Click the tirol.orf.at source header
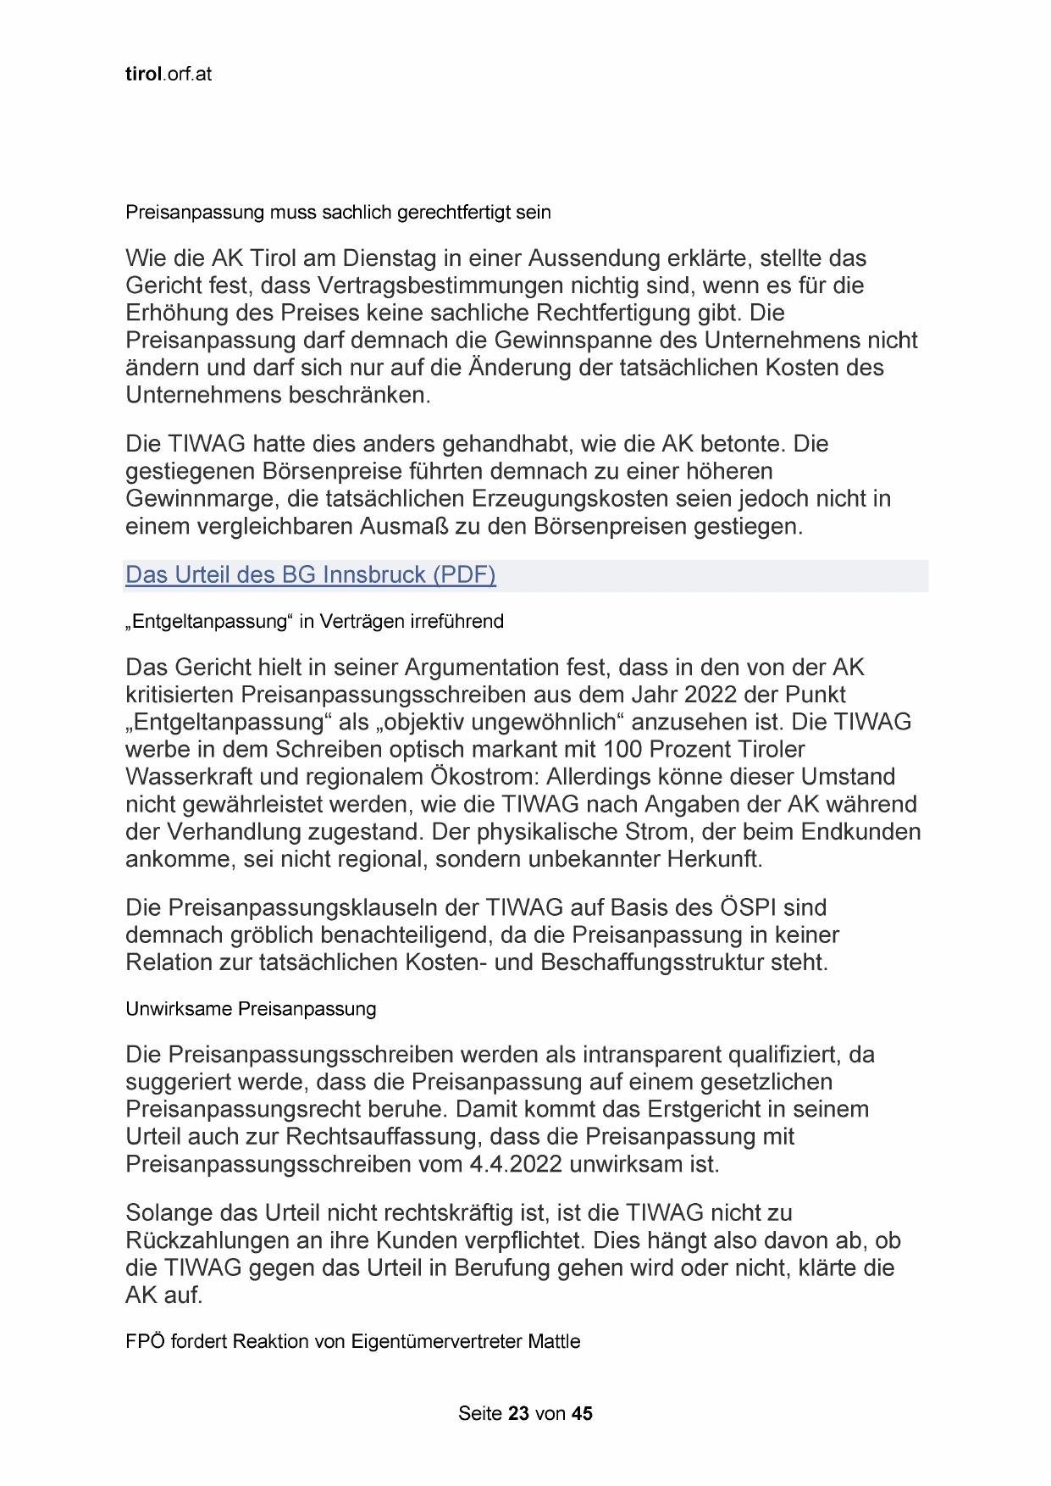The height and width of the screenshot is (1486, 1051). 169,74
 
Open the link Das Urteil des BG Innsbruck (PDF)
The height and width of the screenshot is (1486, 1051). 310,575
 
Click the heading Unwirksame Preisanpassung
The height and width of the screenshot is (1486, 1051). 251,1009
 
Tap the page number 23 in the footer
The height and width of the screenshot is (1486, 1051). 519,1413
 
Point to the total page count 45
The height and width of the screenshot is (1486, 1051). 582,1413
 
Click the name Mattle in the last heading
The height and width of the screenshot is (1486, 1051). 555,1342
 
